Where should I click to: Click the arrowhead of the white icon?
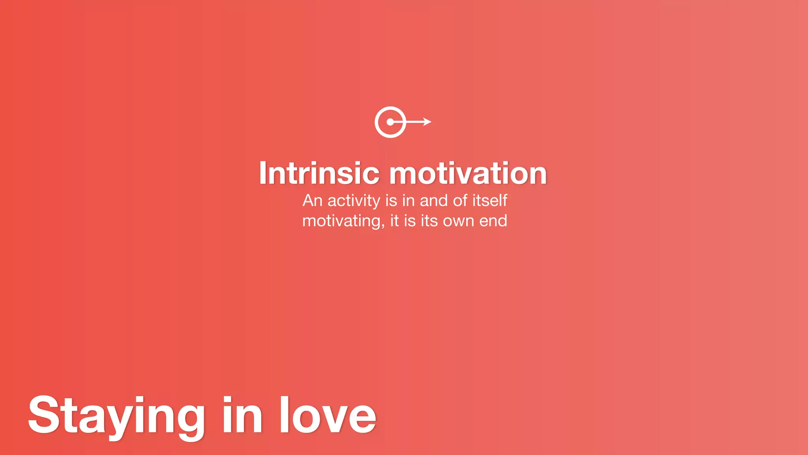click(x=427, y=122)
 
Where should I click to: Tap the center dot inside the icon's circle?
click(x=390, y=122)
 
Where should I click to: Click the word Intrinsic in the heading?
click(x=319, y=173)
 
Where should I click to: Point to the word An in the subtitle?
click(x=312, y=201)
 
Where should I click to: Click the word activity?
click(x=354, y=201)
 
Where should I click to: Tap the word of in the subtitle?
click(x=460, y=201)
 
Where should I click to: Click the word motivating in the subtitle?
click(x=342, y=221)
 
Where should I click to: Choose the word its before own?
click(x=430, y=221)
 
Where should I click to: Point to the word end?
click(x=493, y=221)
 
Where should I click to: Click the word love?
click(x=327, y=416)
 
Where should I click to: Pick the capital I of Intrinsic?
click(x=263, y=173)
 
